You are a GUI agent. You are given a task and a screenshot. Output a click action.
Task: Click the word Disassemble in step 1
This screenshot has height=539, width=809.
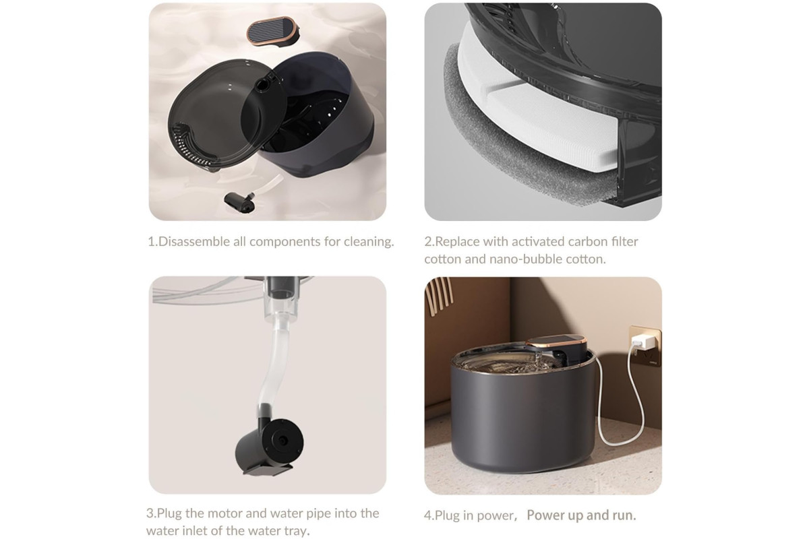(194, 241)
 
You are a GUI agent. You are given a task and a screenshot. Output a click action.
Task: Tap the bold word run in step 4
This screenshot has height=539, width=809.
(624, 515)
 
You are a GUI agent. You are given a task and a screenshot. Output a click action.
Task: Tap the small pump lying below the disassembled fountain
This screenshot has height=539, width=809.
(240, 201)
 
